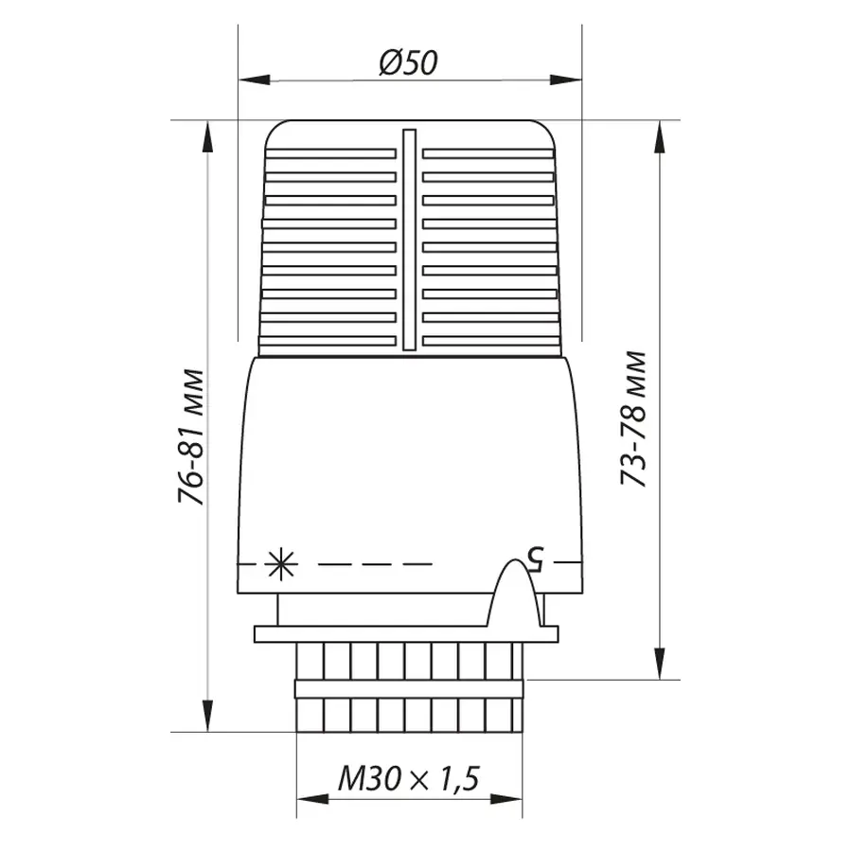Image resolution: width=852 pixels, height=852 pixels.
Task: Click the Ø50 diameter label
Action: tap(409, 64)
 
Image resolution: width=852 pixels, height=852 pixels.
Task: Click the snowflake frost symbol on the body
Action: tap(281, 565)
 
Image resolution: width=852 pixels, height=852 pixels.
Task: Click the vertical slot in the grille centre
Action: tap(409, 240)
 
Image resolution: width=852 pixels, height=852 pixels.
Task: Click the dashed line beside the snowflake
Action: tap(375, 564)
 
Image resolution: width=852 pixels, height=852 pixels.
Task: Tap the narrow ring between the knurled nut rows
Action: tap(409, 688)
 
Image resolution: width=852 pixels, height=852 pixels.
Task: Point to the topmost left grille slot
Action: tap(330, 153)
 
